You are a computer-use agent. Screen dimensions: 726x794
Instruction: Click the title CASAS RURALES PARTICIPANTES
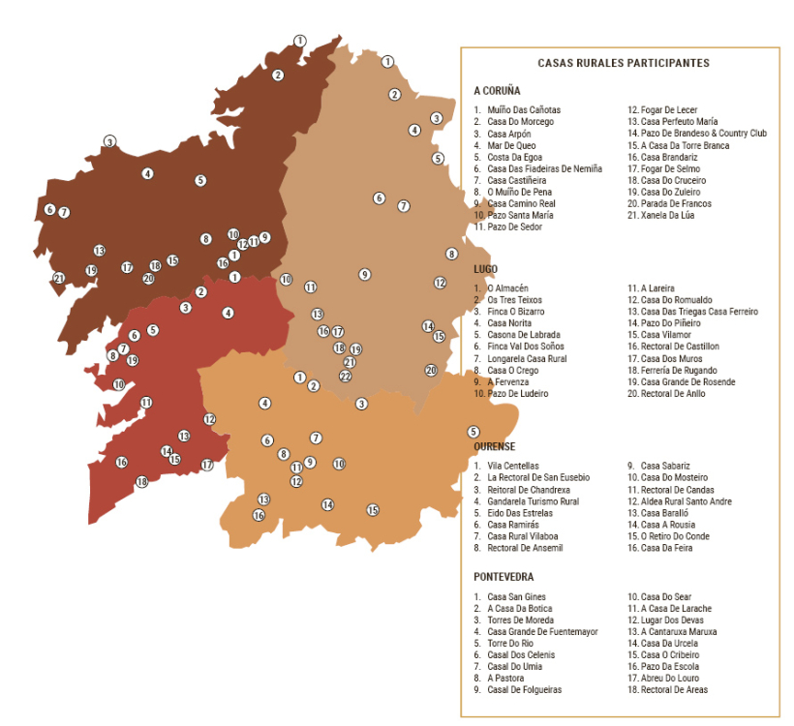pos(624,63)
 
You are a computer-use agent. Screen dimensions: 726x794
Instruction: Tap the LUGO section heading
pos(486,268)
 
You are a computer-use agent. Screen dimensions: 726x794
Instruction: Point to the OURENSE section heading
pos(495,446)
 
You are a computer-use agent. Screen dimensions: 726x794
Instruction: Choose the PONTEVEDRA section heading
pos(504,577)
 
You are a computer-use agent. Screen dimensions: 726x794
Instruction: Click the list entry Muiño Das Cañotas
pos(523,110)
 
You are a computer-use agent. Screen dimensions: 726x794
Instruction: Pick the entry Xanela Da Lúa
pos(667,216)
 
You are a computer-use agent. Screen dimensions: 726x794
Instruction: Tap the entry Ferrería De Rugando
pos(678,371)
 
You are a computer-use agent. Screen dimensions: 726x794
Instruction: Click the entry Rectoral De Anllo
pos(672,394)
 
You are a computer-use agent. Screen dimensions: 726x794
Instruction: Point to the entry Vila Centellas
pos(513,466)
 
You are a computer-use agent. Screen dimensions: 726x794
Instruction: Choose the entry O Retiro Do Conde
pos(675,536)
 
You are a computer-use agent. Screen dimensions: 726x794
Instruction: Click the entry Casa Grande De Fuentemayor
pos(542,632)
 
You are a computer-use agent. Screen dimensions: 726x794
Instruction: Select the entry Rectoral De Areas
pos(674,690)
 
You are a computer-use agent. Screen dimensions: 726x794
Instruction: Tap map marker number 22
pos(345,376)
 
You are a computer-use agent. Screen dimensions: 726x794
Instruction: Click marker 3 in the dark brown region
pos(110,141)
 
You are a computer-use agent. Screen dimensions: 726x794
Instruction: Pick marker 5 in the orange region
pos(473,432)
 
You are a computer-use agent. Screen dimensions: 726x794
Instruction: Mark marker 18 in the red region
pos(141,482)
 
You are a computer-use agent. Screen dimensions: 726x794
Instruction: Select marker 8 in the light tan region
pos(451,254)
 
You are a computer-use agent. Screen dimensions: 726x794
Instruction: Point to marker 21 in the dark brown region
pos(59,279)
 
